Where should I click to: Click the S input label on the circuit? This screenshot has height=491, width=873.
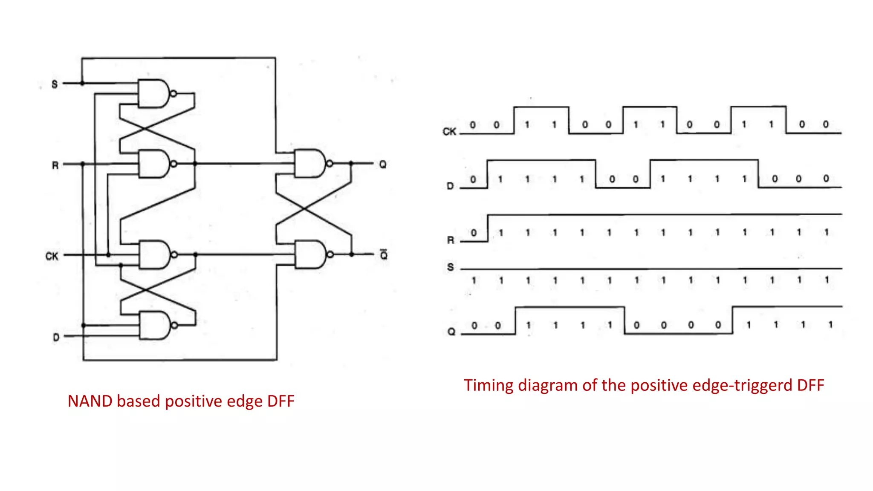pos(55,84)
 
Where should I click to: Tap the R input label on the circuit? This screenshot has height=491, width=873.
pos(55,165)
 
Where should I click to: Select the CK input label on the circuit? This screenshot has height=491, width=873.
pos(52,256)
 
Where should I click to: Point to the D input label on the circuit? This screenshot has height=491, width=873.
pos(56,337)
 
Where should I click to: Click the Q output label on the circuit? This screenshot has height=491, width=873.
pos(382,164)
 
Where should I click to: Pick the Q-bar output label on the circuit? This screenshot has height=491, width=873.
pos(384,254)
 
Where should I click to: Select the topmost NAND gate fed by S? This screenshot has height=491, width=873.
pos(154,93)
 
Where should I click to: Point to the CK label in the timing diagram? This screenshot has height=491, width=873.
pos(449,132)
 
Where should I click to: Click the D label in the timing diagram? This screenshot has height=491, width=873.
pos(450,186)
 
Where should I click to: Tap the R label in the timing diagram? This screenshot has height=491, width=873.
pos(451,240)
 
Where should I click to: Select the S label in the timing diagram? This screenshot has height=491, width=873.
pos(451,267)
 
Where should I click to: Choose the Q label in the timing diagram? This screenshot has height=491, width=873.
pos(451,332)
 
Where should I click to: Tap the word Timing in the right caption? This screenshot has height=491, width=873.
pos(489,385)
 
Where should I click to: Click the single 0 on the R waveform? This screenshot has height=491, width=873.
pos(474,233)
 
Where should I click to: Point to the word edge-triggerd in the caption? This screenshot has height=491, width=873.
pos(743,385)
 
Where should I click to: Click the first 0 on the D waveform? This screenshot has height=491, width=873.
pos(473,179)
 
